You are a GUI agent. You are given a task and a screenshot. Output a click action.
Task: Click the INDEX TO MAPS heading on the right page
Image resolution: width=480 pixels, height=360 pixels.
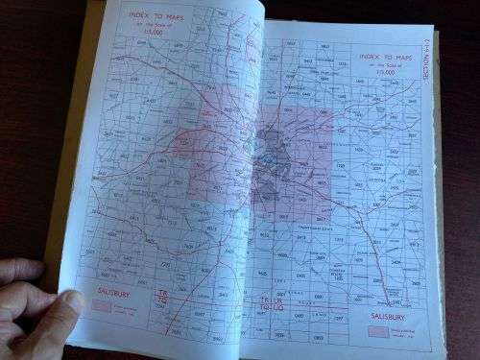tap(392, 57)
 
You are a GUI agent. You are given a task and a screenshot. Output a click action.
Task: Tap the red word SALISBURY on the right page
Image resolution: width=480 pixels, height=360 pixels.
tap(391, 315)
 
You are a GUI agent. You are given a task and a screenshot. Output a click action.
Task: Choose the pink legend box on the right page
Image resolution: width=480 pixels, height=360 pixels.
tap(378, 332)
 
